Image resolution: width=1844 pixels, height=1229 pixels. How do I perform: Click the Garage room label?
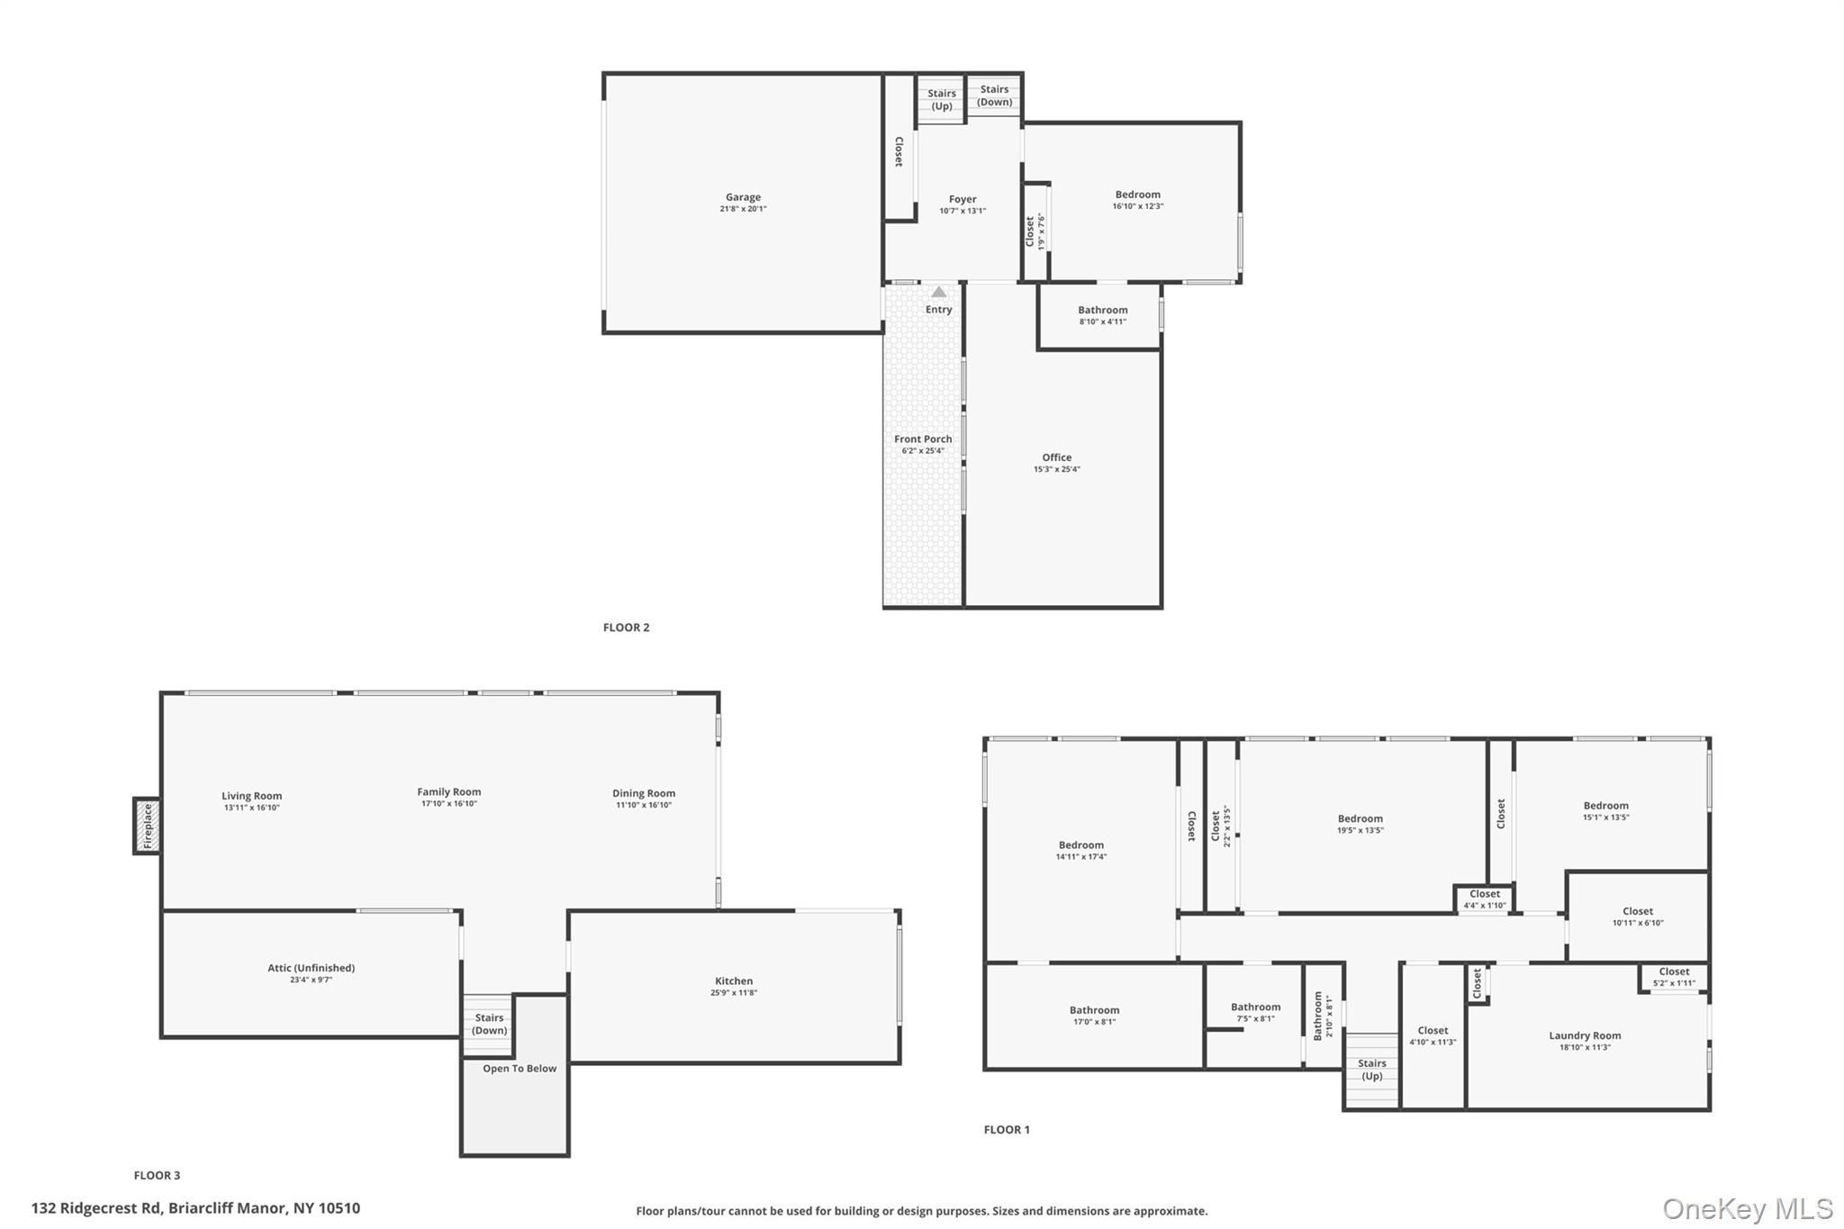743,197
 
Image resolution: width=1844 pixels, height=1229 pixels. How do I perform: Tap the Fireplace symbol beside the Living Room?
148,826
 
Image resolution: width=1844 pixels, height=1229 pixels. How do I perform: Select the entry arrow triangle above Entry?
938,292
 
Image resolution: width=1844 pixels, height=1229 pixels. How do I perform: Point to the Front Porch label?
923,439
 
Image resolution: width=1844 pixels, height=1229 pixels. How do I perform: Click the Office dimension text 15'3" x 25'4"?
1056,469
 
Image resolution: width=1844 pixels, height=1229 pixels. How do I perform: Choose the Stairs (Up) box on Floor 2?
942,100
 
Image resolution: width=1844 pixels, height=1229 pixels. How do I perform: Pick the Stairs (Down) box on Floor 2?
994,95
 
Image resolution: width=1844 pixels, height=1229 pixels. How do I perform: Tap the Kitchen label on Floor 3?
734,981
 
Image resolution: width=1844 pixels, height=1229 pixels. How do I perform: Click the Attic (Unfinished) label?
311,968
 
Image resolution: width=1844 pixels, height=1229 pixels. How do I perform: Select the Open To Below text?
520,1069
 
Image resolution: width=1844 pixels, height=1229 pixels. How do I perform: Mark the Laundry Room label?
1585,1035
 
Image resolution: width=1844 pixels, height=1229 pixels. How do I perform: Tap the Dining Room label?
644,793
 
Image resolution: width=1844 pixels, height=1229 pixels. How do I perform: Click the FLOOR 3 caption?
157,1175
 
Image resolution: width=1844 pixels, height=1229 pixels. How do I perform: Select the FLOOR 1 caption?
1007,1129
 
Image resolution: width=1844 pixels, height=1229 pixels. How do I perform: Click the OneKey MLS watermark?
1747,1208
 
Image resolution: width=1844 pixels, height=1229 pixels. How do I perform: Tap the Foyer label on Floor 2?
963,199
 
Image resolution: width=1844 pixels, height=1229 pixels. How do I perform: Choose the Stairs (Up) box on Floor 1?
1372,1070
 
